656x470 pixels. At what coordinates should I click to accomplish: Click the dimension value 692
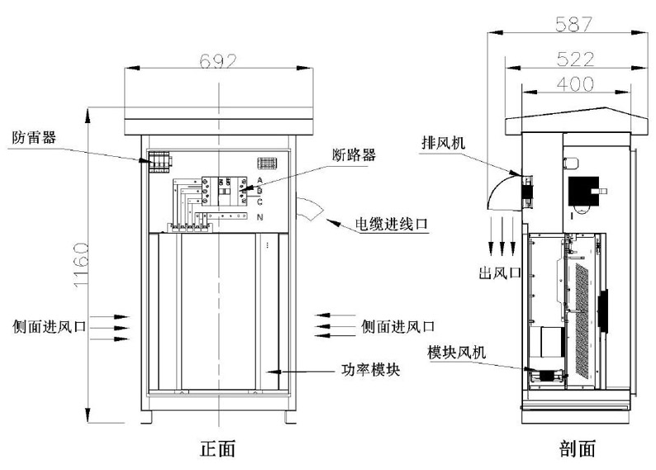click(x=218, y=61)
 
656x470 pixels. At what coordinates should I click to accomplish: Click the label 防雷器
click(x=33, y=136)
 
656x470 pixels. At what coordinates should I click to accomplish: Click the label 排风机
click(x=442, y=142)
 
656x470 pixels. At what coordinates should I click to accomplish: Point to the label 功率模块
click(x=371, y=370)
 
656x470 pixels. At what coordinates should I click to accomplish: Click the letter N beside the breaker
click(x=259, y=216)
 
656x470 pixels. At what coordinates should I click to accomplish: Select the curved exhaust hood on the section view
click(x=502, y=191)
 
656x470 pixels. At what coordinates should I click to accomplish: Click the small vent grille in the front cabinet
click(x=267, y=163)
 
